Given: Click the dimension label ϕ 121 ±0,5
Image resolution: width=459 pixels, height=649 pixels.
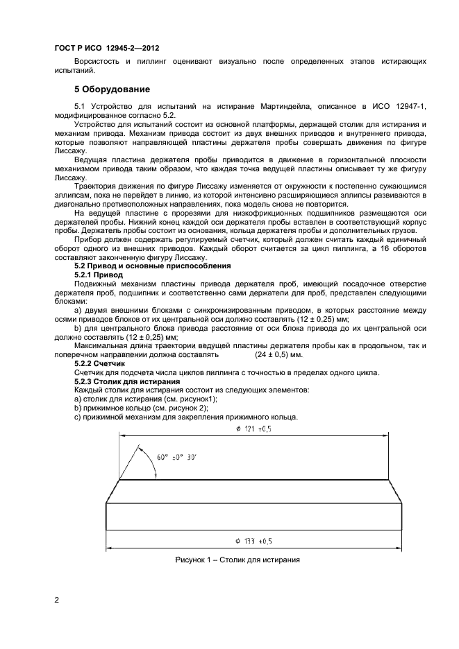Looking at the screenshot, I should pyautogui.click(x=253, y=429).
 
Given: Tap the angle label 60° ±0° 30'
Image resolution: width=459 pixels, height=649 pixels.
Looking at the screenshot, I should pyautogui.click(x=176, y=457).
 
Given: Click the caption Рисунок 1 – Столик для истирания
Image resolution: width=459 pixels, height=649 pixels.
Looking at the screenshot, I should pyautogui.click(x=237, y=560).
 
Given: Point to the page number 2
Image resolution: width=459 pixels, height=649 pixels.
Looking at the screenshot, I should pyautogui.click(x=56, y=600).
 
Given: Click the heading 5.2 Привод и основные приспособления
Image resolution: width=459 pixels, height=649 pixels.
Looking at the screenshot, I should pyautogui.click(x=153, y=265).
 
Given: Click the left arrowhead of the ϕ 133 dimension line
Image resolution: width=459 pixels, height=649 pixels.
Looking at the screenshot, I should pyautogui.click(x=109, y=547).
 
